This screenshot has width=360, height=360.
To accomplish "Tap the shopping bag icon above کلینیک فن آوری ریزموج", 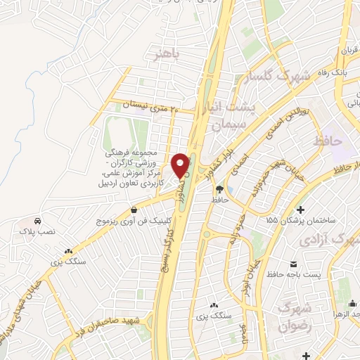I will pyautogui.click(x=134, y=209).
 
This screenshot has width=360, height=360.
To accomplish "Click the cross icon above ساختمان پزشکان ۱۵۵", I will pyautogui.click(x=300, y=209).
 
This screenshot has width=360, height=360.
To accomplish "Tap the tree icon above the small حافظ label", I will pyautogui.click(x=219, y=188).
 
